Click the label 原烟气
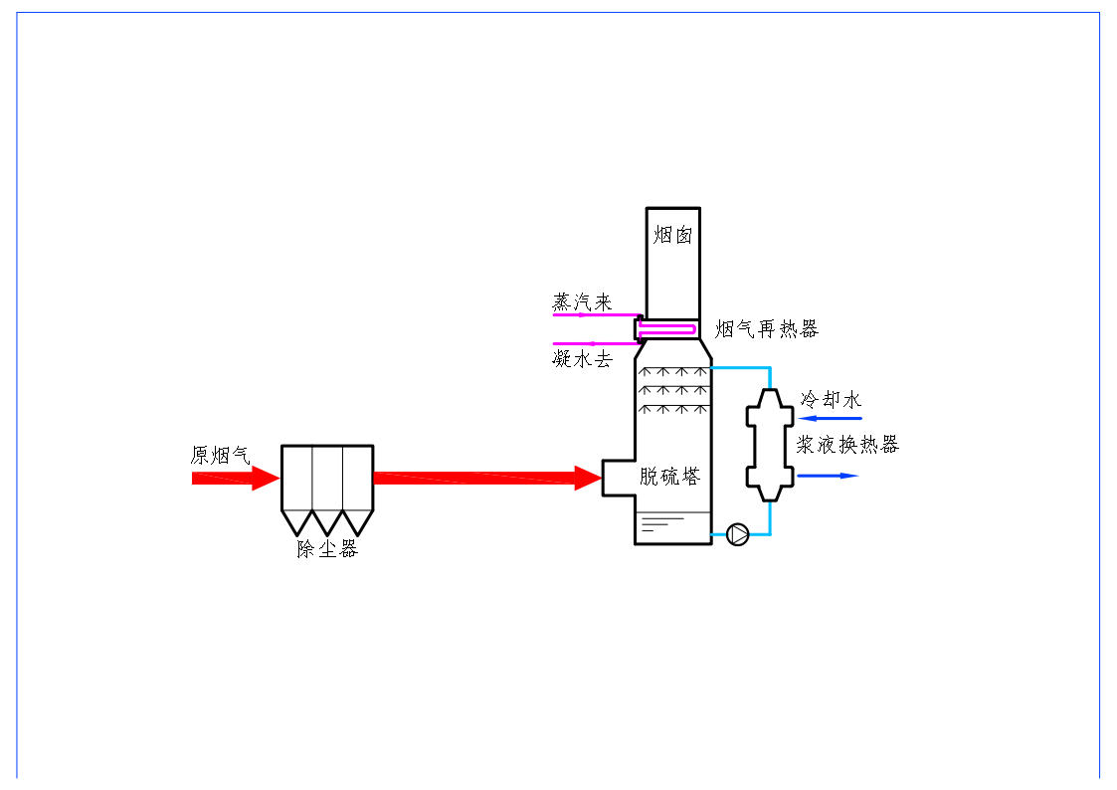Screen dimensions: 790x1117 [x=220, y=455]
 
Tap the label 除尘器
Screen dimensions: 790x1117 [x=326, y=548]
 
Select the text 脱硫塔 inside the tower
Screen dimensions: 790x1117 [x=669, y=477]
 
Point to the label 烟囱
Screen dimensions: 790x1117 [x=672, y=235]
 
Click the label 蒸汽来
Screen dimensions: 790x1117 [x=582, y=302]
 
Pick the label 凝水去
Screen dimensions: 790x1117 [x=582, y=359]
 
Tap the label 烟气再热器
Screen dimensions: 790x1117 [x=766, y=329]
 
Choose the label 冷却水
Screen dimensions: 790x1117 [x=831, y=399]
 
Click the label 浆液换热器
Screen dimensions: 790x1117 [x=846, y=445]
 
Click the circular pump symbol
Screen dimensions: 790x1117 [x=738, y=534]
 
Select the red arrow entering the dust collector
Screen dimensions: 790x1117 [x=236, y=479]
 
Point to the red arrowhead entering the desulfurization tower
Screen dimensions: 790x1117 [x=589, y=479]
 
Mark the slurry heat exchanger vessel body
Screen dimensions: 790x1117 [x=770, y=445]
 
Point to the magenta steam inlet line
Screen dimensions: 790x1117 [x=595, y=316]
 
